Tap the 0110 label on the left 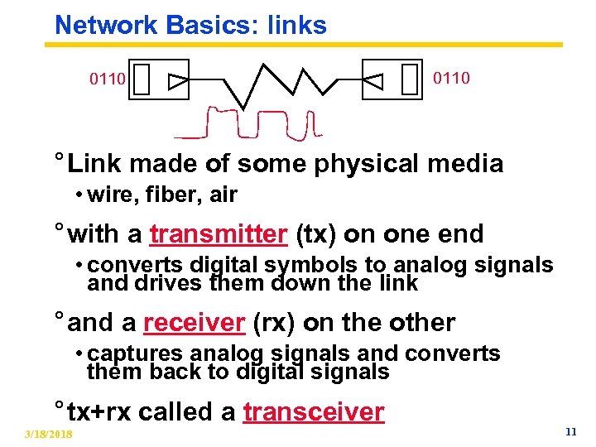108,80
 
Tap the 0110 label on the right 451,78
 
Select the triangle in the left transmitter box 177,81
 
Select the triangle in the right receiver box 374,81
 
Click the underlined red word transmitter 218,234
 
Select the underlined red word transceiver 314,411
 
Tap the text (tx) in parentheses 315,234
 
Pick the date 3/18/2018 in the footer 48,435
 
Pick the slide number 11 570,431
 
